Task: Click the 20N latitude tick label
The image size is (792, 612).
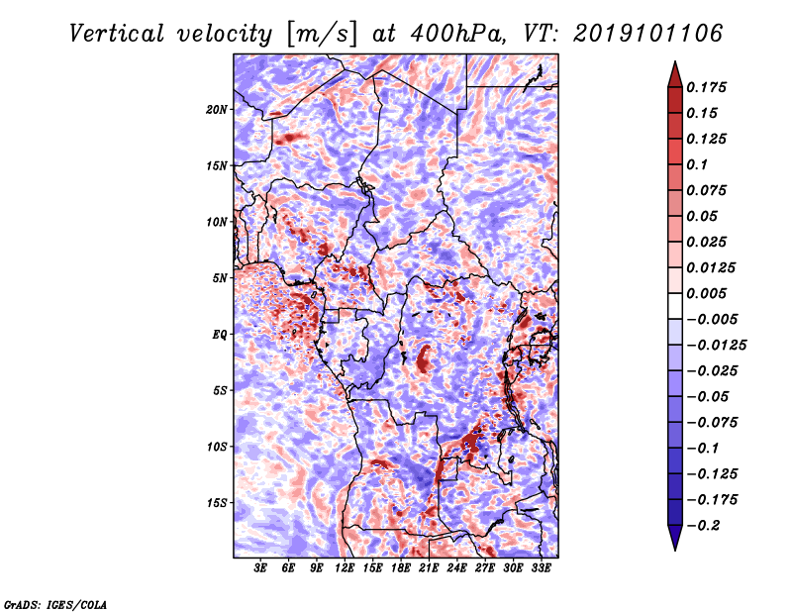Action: tap(217, 110)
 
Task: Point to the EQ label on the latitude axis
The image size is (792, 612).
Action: tap(219, 335)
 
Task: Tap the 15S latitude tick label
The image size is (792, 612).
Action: tap(217, 503)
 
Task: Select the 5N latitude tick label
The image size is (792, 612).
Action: tap(220, 278)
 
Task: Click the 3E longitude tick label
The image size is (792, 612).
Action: tap(260, 567)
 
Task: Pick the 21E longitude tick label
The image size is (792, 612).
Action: tap(429, 567)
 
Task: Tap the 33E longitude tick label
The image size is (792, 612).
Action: tap(541, 567)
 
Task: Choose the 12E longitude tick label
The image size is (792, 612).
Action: tap(344, 567)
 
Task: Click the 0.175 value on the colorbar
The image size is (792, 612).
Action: tap(706, 87)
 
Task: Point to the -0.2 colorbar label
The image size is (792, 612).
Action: tap(703, 526)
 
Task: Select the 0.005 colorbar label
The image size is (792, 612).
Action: tap(706, 293)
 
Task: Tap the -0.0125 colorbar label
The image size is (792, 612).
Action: tap(716, 346)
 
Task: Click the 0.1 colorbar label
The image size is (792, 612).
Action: tap(697, 164)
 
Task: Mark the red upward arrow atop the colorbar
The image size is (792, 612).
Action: tap(675, 74)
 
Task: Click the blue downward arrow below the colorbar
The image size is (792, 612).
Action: tap(675, 538)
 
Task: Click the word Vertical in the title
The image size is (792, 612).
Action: tap(117, 34)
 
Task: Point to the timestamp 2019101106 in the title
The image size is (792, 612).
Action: tap(648, 34)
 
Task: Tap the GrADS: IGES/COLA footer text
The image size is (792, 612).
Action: tap(55, 605)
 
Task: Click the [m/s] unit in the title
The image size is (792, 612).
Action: tap(321, 35)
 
